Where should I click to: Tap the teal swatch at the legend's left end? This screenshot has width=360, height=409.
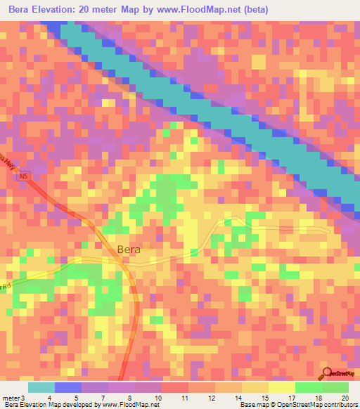point(41,387)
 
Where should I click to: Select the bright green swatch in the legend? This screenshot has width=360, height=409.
point(309,387)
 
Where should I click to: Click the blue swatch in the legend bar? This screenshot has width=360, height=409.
point(68,387)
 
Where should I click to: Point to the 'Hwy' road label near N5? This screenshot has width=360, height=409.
point(8,163)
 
